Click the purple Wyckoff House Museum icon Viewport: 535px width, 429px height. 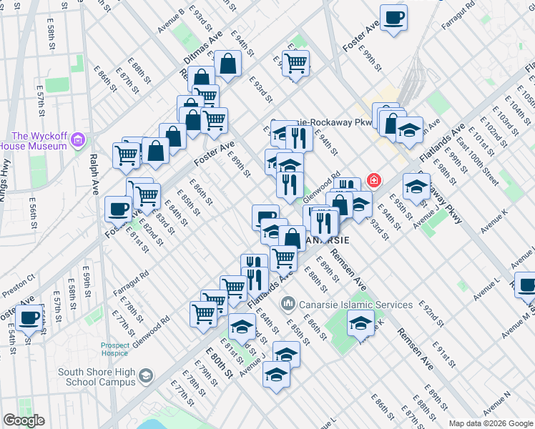(x=78, y=137)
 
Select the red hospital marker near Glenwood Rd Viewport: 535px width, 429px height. (x=373, y=179)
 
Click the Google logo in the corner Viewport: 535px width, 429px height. (x=23, y=420)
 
